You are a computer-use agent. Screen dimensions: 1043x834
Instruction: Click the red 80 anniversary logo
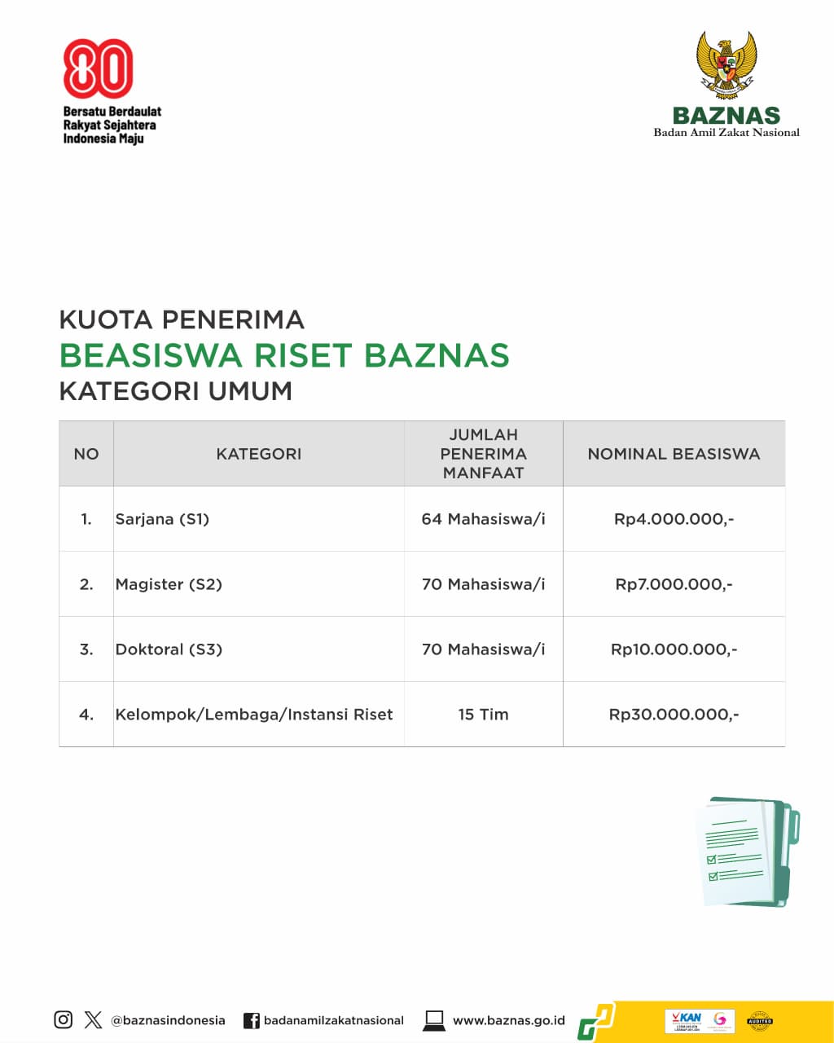98,67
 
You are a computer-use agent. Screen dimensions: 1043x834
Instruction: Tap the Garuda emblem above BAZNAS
726,65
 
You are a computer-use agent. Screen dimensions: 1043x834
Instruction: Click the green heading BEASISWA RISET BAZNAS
284,355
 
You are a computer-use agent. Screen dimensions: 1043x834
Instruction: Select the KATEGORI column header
258,454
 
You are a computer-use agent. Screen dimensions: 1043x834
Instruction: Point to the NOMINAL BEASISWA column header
674,454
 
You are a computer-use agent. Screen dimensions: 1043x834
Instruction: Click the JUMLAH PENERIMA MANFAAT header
483,454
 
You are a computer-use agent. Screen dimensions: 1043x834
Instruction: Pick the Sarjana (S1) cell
163,519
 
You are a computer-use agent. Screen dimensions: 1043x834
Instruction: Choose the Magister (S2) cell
169,584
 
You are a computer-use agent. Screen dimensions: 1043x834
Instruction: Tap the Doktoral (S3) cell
169,649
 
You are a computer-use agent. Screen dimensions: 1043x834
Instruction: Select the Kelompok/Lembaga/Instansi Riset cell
254,715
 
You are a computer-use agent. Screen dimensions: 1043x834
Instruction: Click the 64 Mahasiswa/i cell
483,519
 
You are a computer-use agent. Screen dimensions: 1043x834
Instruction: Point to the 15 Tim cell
483,715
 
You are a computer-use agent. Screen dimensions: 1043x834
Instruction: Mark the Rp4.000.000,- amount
674,519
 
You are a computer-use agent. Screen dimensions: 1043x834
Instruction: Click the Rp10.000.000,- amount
674,649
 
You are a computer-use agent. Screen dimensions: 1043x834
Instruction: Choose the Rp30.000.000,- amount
674,715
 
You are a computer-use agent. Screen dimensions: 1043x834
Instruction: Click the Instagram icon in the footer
64,1019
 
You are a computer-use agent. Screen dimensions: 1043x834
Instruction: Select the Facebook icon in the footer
252,1020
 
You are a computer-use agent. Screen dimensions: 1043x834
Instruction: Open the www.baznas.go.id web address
508,1020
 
